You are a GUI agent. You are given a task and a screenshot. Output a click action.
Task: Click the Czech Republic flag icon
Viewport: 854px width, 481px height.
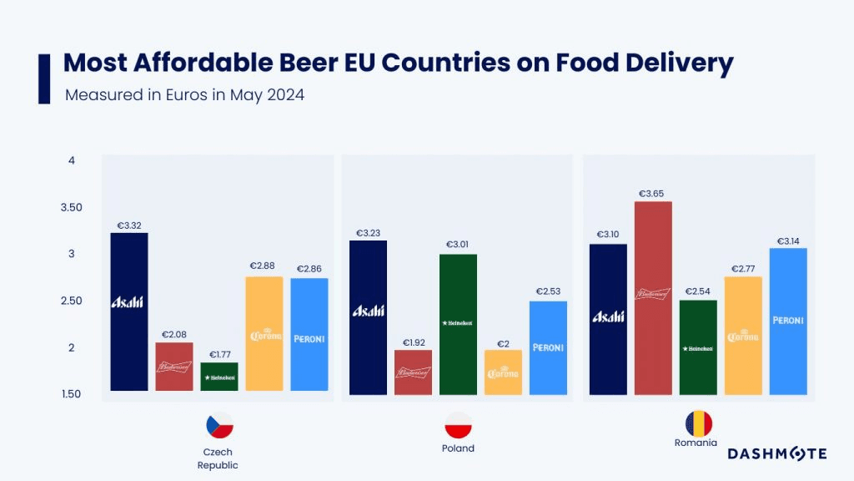tap(219, 427)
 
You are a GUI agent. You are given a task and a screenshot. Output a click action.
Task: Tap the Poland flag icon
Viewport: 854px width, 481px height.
tap(458, 426)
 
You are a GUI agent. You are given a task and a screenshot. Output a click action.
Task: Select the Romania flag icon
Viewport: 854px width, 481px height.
tap(698, 423)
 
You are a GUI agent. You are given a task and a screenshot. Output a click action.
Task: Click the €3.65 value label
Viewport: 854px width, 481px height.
tap(652, 194)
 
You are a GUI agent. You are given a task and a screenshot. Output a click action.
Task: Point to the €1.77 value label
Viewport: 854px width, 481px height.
tap(219, 355)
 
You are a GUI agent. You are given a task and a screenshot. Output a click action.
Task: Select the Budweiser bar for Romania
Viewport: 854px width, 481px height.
tap(653, 298)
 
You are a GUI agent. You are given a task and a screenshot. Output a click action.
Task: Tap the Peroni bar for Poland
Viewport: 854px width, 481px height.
tap(548, 347)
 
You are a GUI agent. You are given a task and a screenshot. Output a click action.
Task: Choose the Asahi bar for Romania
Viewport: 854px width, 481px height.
tap(608, 319)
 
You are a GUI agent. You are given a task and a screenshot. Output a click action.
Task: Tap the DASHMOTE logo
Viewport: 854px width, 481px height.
tap(777, 453)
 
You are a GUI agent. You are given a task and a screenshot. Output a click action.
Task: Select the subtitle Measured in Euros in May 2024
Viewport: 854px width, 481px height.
tap(184, 95)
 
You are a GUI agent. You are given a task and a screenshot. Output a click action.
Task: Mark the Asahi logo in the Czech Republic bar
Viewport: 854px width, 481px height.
tap(128, 302)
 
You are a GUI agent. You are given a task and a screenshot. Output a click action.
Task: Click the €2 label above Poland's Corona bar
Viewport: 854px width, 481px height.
tap(503, 343)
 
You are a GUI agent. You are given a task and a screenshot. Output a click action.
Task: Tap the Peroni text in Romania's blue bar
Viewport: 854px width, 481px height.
tap(788, 320)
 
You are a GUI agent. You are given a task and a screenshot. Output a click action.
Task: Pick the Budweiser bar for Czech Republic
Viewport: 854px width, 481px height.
tap(173, 367)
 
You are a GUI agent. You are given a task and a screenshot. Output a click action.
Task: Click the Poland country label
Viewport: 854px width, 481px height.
tap(458, 448)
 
